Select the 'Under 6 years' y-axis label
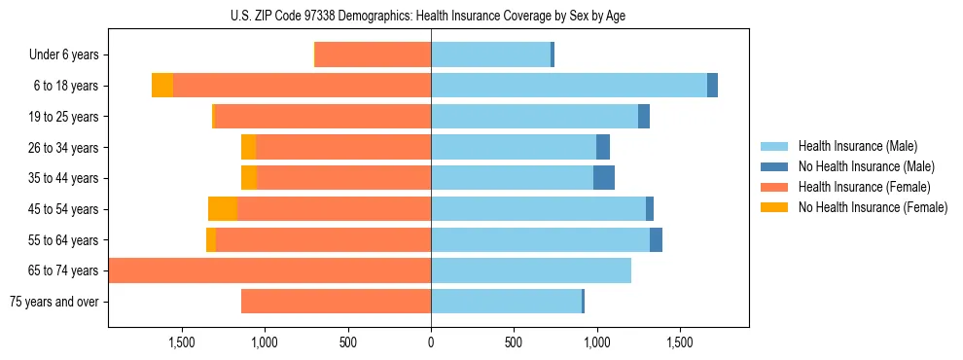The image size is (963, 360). coord(64,55)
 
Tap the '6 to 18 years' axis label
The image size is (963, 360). coord(65,86)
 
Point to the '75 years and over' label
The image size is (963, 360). coord(54,302)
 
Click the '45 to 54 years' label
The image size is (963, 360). coord(63,209)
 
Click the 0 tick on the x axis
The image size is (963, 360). coord(431,342)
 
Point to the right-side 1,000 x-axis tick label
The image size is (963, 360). coord(596,342)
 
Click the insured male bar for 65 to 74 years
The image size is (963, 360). coord(531,270)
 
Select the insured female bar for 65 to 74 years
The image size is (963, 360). coord(270,270)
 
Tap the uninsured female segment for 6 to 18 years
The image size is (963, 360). coord(162,86)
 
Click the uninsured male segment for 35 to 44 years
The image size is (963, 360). coord(604,178)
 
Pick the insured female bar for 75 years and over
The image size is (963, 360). coord(336,302)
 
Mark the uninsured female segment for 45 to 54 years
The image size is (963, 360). coord(223,209)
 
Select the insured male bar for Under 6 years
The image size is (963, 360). coord(490,55)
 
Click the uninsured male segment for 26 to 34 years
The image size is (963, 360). coord(603,147)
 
